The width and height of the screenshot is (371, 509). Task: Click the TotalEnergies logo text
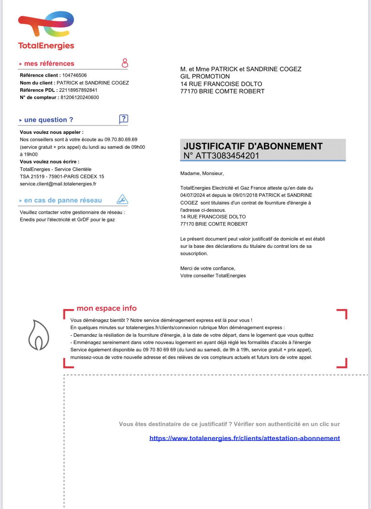[46, 46]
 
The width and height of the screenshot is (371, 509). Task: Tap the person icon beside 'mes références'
[125, 63]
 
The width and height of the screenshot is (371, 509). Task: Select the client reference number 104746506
[75, 75]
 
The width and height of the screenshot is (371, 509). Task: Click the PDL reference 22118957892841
[78, 90]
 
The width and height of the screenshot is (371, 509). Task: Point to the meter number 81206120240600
[80, 97]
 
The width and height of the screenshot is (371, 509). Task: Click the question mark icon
[123, 119]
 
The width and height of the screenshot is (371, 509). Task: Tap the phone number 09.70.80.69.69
[121, 140]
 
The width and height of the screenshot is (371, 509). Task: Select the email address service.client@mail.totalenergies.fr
[58, 184]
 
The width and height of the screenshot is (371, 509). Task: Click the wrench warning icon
[122, 199]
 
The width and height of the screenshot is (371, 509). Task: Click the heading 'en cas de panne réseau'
[63, 200]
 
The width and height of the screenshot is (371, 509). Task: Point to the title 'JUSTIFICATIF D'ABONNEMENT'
[253, 146]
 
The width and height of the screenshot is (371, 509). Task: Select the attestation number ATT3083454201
[227, 156]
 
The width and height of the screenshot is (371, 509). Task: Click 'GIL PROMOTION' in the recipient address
[205, 77]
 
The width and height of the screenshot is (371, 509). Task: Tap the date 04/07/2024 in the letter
[192, 195]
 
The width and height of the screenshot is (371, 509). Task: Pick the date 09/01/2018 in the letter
[245, 195]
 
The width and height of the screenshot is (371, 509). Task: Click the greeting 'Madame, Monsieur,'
[202, 173]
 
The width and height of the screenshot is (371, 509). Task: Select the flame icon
[39, 335]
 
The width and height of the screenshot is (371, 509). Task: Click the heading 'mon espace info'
[107, 308]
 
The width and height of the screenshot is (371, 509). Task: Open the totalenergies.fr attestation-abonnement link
[244, 438]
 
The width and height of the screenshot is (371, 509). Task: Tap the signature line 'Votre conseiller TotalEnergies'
[213, 276]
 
